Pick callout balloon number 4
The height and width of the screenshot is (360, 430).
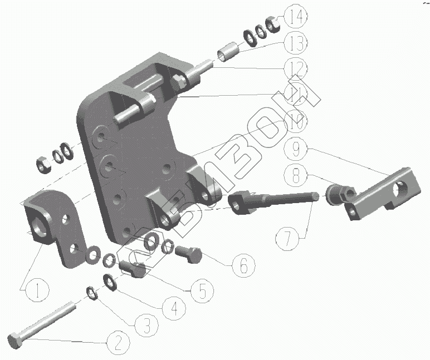(174, 307)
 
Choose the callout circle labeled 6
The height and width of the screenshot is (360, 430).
(242, 266)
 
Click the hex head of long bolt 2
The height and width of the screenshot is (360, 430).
(15, 340)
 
